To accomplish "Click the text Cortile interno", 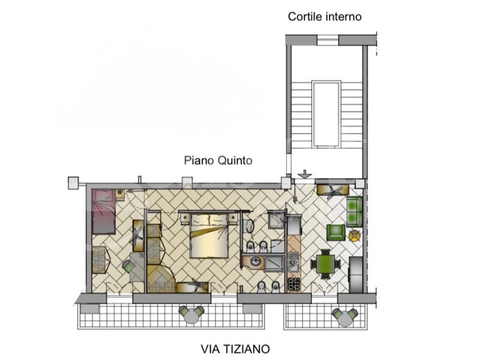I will click(325, 17).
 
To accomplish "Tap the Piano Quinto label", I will click(217, 161).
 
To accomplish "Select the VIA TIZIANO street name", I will click(235, 348).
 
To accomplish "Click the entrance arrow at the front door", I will click(305, 175).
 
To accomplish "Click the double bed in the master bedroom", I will click(209, 236).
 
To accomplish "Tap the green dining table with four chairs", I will click(326, 263).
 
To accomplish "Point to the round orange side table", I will click(355, 235).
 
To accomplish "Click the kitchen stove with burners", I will click(294, 283).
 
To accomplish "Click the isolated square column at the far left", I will click(73, 182).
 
